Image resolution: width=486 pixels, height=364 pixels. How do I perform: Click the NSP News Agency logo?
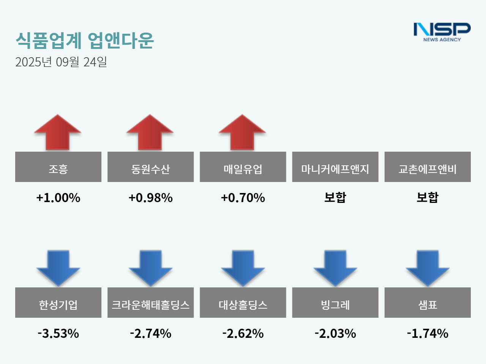[442, 32]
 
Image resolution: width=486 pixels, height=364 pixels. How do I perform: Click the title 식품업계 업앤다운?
[85, 40]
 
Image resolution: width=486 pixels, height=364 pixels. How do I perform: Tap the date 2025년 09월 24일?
[61, 62]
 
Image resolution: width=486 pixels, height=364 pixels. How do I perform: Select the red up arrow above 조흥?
[58, 133]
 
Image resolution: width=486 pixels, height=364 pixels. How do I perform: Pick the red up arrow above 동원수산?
[150, 133]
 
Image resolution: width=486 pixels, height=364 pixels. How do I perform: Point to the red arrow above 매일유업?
[242, 133]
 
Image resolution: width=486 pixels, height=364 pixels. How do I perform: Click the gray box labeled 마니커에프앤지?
[335, 167]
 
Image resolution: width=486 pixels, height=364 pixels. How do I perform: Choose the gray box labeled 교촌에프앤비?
[428, 167]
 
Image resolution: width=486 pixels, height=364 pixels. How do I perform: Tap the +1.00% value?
[58, 198]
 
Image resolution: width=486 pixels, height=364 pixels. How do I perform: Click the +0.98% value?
[150, 198]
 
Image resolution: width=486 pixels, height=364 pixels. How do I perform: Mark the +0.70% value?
[243, 198]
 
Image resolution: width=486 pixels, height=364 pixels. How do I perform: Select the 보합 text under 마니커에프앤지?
[335, 198]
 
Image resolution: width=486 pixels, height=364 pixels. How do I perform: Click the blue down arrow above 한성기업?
[58, 268]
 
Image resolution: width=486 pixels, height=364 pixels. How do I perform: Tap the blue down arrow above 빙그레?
[335, 268]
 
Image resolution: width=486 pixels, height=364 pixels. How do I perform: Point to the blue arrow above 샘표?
[428, 268]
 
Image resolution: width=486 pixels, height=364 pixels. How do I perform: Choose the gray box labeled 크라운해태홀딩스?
[150, 303]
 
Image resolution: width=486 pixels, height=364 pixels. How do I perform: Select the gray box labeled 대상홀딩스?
[243, 303]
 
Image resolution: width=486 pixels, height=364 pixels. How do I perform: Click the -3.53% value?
[58, 333]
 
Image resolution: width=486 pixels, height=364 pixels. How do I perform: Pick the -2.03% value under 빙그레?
[335, 333]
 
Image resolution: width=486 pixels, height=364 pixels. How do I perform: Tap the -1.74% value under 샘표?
[428, 333]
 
